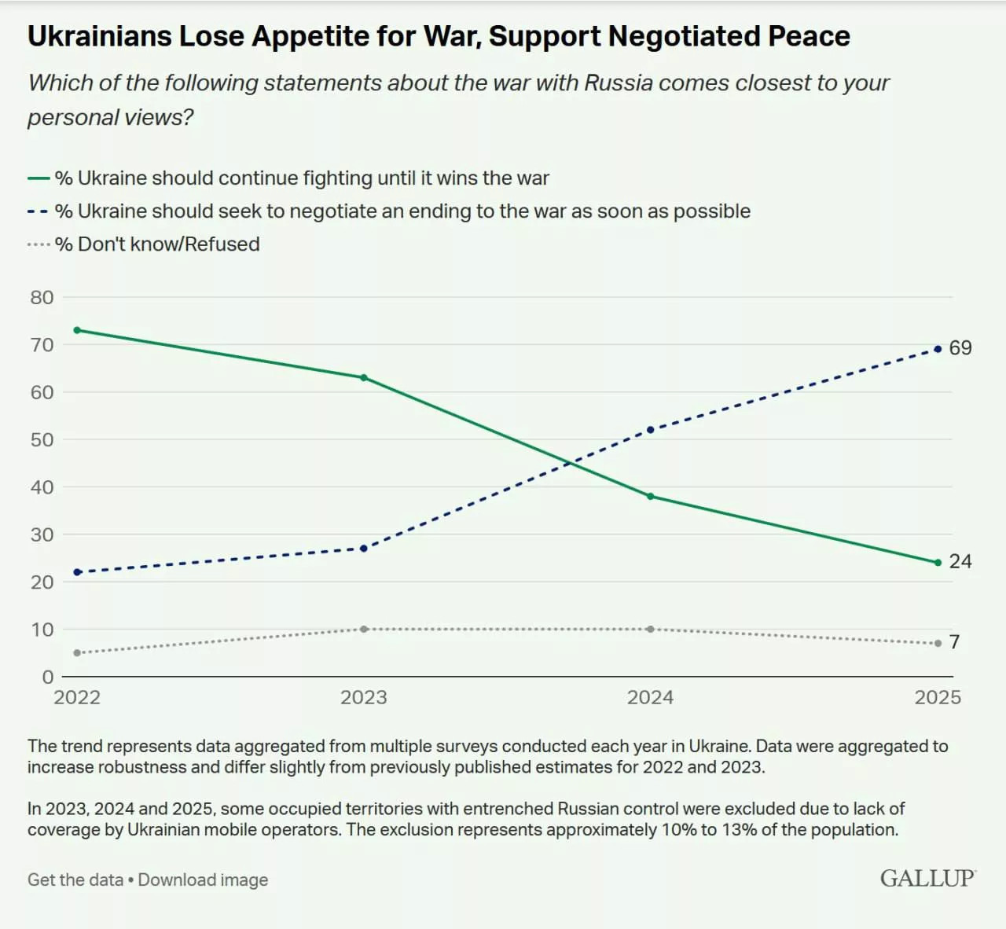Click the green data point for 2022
click(x=77, y=330)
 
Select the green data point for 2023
click(x=364, y=378)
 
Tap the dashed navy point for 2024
click(x=650, y=430)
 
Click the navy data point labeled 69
click(x=938, y=349)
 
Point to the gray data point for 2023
click(x=364, y=630)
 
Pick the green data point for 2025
click(x=938, y=563)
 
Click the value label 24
click(x=960, y=562)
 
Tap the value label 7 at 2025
click(x=954, y=642)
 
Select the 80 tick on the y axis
click(x=42, y=298)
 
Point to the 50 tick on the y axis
click(x=42, y=440)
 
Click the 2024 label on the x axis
click(x=650, y=698)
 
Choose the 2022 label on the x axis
click(x=77, y=698)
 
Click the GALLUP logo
click(x=927, y=879)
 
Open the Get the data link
click(x=75, y=880)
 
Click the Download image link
click(x=203, y=880)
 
